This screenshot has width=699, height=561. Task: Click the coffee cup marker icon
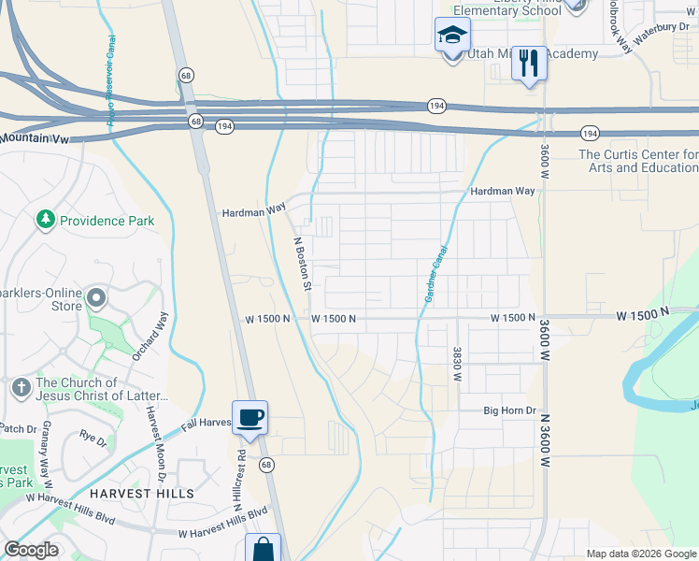pyautogui.click(x=249, y=417)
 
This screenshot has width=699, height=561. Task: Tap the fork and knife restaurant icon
pyautogui.click(x=529, y=64)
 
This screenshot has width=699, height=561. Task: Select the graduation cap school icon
pyautogui.click(x=452, y=36)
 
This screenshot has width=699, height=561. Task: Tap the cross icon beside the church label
pyautogui.click(x=21, y=386)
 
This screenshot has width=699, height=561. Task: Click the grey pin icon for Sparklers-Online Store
pyautogui.click(x=97, y=299)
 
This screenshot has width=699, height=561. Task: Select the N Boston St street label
pyautogui.click(x=302, y=263)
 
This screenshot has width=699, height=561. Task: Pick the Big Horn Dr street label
pyautogui.click(x=509, y=410)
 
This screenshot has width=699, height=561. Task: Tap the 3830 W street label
pyautogui.click(x=458, y=364)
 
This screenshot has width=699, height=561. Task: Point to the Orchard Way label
pyautogui.click(x=150, y=336)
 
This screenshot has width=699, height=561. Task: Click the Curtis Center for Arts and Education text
pyautogui.click(x=638, y=161)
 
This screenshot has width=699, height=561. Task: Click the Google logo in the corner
pyautogui.click(x=31, y=550)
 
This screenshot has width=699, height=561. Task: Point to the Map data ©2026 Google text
pyautogui.click(x=640, y=554)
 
